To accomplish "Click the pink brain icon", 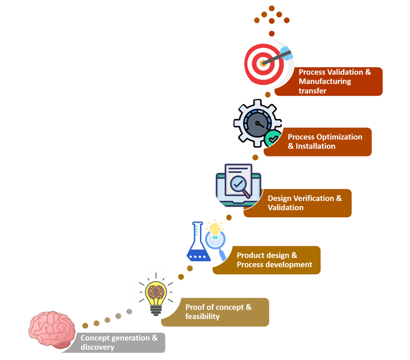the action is coord(52,329).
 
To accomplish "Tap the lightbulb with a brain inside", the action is coord(156,294).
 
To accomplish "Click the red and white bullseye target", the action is coord(264,64).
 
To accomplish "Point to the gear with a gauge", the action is coord(257,123).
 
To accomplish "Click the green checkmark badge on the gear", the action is coord(273,138).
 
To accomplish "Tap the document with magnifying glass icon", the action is coord(238,185).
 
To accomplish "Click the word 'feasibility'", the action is coord(202,317).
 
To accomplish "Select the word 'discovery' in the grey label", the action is coord(97,347).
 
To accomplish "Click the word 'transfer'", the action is coord(312,91).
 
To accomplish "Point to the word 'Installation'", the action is coord(316,146).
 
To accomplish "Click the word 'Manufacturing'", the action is coord(325,81).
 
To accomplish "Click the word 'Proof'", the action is coord(194,307).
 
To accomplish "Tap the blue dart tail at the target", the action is coord(286,53).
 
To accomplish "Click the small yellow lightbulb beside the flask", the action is coord(215,230).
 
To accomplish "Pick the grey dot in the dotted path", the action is coord(129,311).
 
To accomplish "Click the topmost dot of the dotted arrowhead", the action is coord(272,8).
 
